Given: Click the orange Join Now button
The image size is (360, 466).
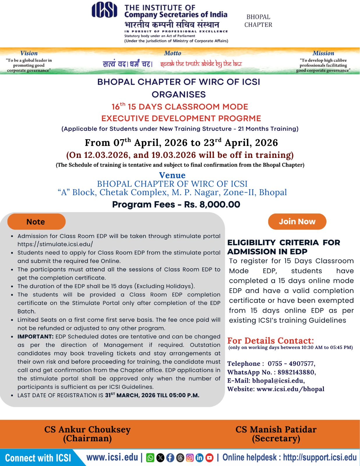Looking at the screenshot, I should click(x=297, y=222).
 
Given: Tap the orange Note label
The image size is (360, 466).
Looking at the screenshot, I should click(x=36, y=222).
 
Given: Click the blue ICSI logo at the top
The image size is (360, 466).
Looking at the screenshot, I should click(x=104, y=10).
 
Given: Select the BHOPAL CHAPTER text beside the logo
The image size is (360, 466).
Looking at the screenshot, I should click(x=258, y=21).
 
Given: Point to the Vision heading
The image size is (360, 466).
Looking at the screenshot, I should click(x=29, y=53).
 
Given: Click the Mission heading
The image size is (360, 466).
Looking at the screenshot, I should click(x=323, y=53).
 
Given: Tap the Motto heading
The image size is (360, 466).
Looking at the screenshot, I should click(x=172, y=53).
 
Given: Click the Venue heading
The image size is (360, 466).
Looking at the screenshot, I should click(x=172, y=175).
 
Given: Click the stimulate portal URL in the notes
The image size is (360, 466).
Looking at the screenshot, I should click(x=55, y=244).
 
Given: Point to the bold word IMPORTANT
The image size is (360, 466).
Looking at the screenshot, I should click(x=35, y=336).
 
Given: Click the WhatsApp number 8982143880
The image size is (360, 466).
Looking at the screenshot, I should click(x=296, y=372).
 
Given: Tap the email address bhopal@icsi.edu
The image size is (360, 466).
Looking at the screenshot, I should click(x=278, y=381).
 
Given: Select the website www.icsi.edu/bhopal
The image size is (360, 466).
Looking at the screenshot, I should click(x=290, y=389).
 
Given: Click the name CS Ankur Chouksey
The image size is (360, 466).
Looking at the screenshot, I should click(x=87, y=429).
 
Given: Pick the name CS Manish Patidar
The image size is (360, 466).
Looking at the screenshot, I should click(x=276, y=429).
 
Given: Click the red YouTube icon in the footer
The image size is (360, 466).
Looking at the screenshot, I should click(x=209, y=458).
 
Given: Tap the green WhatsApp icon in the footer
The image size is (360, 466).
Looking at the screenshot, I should click(x=150, y=458).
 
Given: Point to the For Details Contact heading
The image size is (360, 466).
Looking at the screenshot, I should click(x=271, y=340).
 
